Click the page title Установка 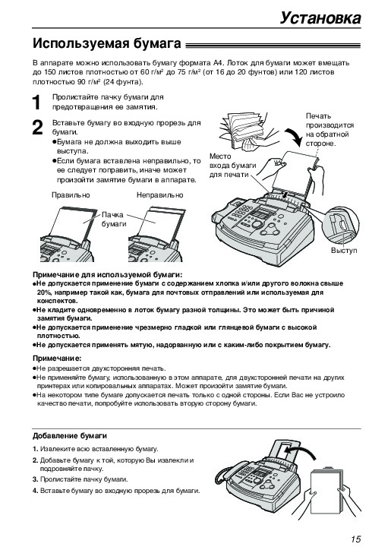click(x=320, y=18)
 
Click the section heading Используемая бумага click(x=107, y=44)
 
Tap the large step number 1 click(x=36, y=103)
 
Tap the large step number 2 click(x=37, y=128)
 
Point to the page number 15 click(x=356, y=539)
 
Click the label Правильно click(x=71, y=195)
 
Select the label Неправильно click(x=160, y=195)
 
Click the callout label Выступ click(x=344, y=251)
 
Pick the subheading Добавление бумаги click(x=70, y=436)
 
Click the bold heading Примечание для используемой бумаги click(x=108, y=275)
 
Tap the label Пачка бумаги click(x=114, y=220)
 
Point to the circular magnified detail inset click(x=342, y=224)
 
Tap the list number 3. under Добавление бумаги click(x=35, y=479)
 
